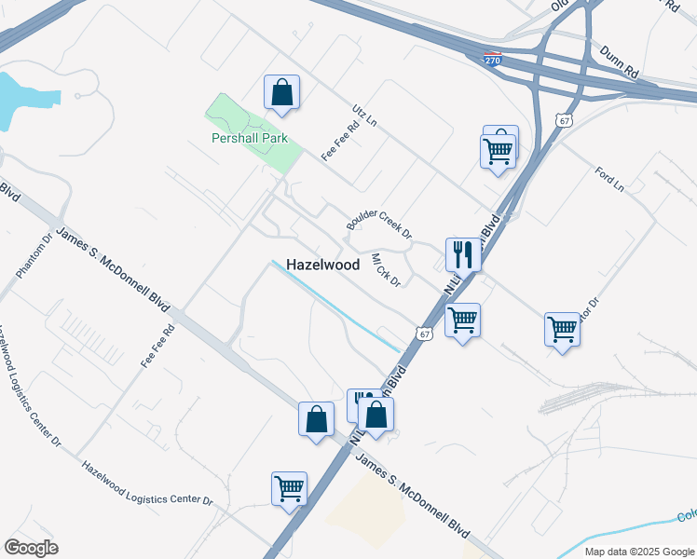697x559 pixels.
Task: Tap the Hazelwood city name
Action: (x=322, y=265)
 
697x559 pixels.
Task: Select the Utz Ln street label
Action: (x=364, y=116)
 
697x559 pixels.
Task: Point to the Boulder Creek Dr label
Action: (x=378, y=220)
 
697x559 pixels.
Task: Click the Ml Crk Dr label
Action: (x=386, y=269)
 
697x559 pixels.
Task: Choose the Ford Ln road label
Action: (x=609, y=180)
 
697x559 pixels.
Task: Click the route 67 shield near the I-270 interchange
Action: (x=562, y=120)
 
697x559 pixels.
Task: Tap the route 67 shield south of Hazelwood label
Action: (x=424, y=334)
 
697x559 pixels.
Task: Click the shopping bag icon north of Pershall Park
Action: (x=281, y=92)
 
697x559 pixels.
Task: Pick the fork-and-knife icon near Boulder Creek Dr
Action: (x=462, y=252)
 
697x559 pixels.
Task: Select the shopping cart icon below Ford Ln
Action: (x=562, y=329)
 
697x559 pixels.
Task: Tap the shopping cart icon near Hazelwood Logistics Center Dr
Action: (x=290, y=487)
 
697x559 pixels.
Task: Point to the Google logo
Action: (x=31, y=548)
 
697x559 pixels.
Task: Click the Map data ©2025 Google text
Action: (x=639, y=552)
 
